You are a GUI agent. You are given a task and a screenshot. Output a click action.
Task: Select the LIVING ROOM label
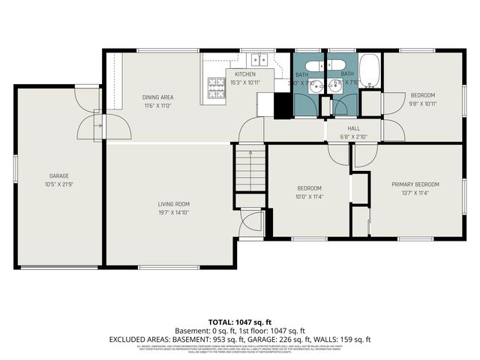(x=173, y=204)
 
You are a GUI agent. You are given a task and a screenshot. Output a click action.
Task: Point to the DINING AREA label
(x=158, y=97)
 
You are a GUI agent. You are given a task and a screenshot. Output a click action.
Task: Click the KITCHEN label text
(x=245, y=74)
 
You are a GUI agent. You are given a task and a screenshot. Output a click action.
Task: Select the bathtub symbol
(x=370, y=70)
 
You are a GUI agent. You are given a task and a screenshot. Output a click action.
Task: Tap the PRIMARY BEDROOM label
(x=415, y=184)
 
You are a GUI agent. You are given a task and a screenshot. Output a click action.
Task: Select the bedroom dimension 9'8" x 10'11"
(x=422, y=103)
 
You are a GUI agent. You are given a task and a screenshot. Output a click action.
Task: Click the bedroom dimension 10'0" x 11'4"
(x=309, y=196)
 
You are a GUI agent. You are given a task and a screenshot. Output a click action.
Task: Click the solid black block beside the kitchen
(x=283, y=105)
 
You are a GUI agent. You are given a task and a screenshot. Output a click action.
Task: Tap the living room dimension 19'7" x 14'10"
(x=173, y=212)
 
